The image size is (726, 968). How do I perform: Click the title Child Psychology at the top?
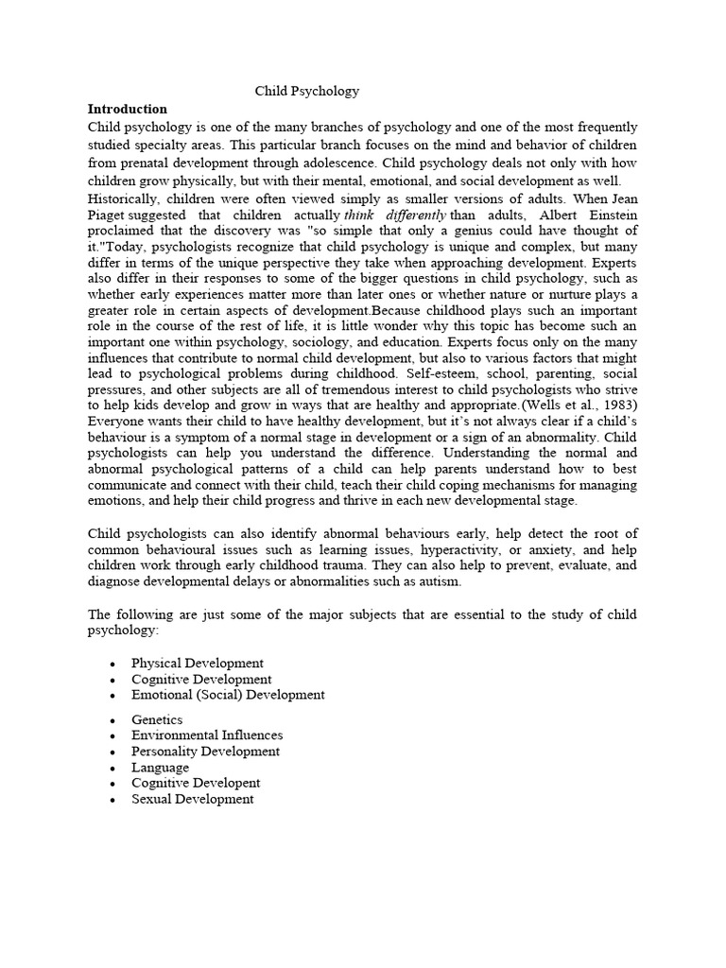[307, 92]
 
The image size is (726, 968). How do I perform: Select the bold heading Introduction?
[128, 109]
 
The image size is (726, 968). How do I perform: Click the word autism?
[438, 581]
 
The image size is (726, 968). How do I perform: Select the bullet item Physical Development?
[198, 663]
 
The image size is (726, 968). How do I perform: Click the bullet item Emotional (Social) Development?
[228, 694]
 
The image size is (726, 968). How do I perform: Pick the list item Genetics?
[157, 719]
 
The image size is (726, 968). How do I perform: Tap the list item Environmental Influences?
[207, 735]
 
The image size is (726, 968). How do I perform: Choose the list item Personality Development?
[205, 751]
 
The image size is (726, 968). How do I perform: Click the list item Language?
[160, 767]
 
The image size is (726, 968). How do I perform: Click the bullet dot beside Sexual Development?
[112, 800]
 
